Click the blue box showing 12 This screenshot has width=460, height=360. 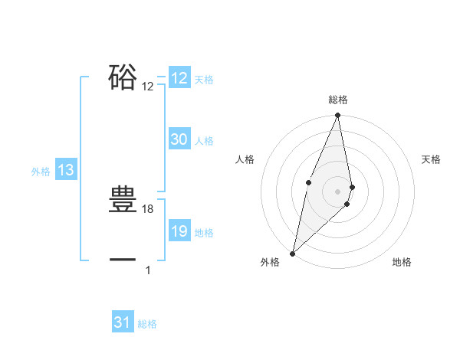179,78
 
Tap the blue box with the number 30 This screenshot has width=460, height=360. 179,139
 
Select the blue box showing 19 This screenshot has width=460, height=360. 179,231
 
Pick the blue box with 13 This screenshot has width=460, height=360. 66,171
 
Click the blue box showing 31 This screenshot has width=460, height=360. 123,322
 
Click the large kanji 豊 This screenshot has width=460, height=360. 123,201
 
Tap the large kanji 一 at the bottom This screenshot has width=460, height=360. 123,261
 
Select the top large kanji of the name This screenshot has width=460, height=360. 123,78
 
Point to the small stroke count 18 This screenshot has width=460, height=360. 148,209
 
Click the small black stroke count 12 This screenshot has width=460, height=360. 148,87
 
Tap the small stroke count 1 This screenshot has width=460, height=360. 148,270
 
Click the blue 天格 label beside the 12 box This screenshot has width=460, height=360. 204,80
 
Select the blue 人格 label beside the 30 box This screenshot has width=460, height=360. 204,141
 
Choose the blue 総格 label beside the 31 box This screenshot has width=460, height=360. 147,324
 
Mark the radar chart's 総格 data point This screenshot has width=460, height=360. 337,116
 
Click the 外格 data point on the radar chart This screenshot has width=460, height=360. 292,253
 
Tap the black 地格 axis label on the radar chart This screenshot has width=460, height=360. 402,262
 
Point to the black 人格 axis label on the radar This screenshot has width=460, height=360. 245,159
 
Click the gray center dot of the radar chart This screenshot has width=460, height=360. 337,191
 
